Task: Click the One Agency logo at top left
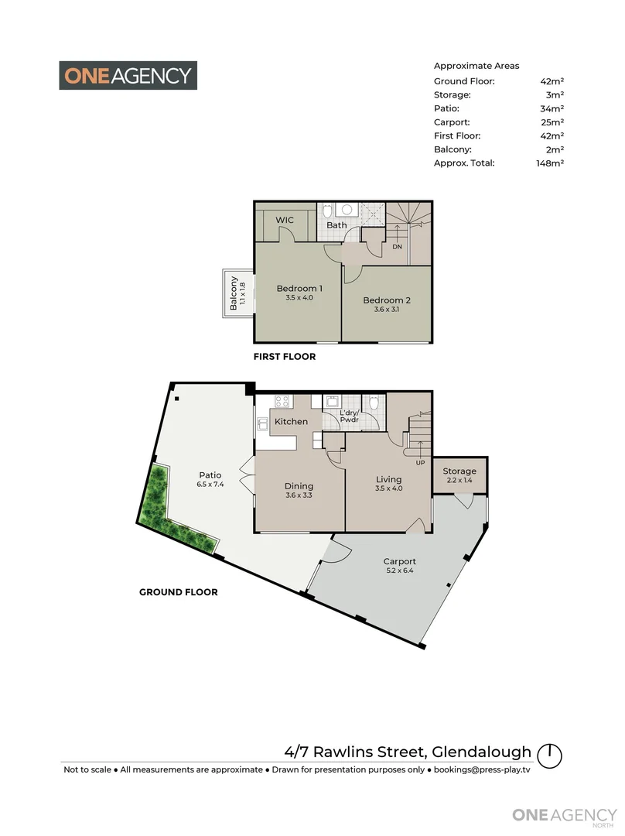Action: pos(128,75)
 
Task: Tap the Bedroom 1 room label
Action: pos(299,289)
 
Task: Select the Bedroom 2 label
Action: pos(387,300)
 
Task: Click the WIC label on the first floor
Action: pos(285,221)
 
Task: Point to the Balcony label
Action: pos(234,293)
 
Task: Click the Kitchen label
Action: pos(292,422)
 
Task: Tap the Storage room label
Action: pos(459,471)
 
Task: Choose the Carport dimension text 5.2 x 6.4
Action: pos(399,572)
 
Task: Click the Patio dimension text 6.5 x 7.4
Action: pos(210,485)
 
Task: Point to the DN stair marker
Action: pos(397,247)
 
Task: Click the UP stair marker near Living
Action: pos(421,463)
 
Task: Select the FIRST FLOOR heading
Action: pos(285,358)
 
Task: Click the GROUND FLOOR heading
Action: pos(178,592)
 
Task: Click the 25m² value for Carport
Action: pos(552,122)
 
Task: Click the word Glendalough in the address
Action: pos(482,752)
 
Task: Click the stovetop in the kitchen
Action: pos(282,402)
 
